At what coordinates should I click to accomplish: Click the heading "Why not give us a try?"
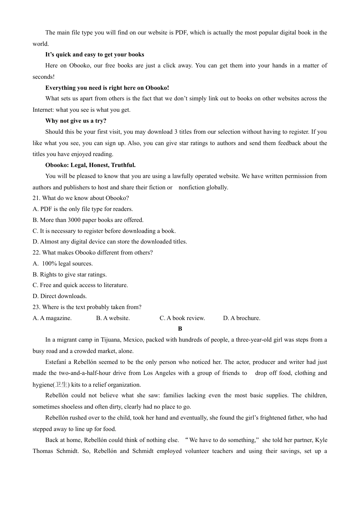point(76,121)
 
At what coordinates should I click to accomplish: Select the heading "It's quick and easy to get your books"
point(94,55)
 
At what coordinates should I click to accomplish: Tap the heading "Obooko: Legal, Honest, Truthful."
point(90,165)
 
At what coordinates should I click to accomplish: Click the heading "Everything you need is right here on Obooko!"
point(107,88)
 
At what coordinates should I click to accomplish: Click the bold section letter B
point(180,329)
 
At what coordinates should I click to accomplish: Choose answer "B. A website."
point(113,318)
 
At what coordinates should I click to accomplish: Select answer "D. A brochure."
point(241,318)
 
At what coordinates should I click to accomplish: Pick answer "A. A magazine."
point(52,318)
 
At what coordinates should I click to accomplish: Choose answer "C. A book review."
point(182,318)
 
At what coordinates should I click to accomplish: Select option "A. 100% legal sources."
point(63,264)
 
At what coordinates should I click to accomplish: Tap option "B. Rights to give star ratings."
point(69,275)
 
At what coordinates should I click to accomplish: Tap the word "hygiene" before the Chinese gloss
point(42,385)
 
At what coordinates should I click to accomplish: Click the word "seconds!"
point(44,77)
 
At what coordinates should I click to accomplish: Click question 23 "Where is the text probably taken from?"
point(87,307)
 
